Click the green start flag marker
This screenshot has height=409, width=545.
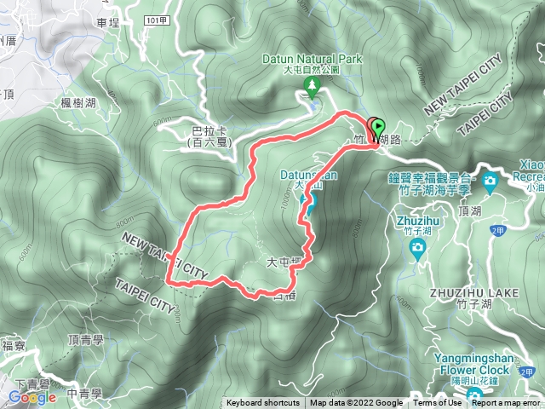pyautogui.click(x=377, y=130)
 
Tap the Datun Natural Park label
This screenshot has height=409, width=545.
pyautogui.click(x=313, y=59)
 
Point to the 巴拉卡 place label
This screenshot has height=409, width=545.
pyautogui.click(x=209, y=131)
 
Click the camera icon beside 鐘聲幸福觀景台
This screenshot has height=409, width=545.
pyautogui.click(x=490, y=181)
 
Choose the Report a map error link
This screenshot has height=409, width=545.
pyautogui.click(x=508, y=403)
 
